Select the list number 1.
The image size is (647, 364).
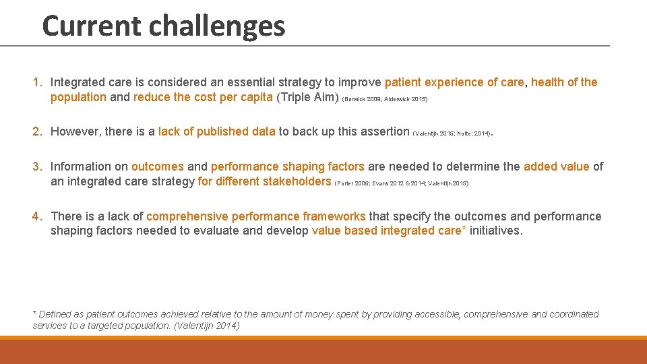pos(38,82)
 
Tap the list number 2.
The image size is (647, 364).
pos(38,131)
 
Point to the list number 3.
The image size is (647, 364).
pos(38,166)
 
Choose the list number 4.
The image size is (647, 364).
pos(38,216)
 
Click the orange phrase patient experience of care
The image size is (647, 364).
pos(454,82)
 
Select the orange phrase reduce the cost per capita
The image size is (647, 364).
pos(203,97)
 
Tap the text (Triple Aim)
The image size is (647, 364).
pos(308,97)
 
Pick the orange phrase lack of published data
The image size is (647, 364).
pos(216,131)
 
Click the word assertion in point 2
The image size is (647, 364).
pos(384,131)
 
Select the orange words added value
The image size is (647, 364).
pos(556,166)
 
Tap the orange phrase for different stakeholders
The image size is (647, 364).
pos(264,181)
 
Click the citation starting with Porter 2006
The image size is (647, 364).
pos(402,183)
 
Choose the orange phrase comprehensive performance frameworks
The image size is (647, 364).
pos(256,216)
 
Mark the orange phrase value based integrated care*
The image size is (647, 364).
pos(389,231)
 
